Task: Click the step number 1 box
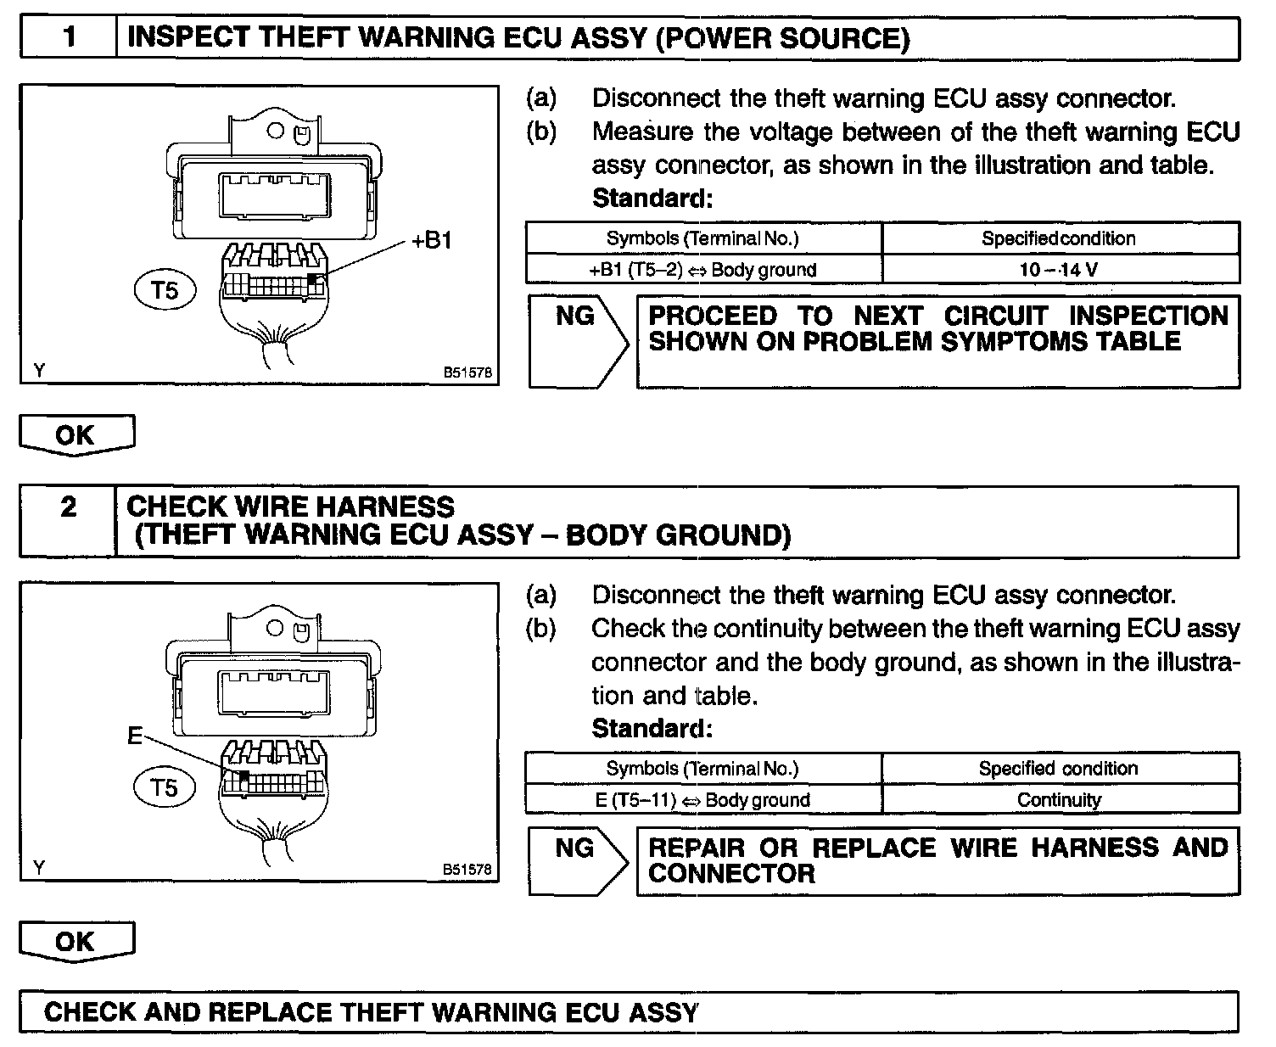coord(69,38)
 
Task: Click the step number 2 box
coord(68,508)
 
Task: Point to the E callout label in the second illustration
coord(135,736)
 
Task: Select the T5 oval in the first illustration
coord(165,291)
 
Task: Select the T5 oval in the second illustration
coord(165,788)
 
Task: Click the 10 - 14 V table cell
coord(1060,270)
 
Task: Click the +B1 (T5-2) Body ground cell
coord(702,270)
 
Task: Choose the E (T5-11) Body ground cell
coord(702,799)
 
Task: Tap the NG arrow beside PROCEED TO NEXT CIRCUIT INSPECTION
coord(577,339)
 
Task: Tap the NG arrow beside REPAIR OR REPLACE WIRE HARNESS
coord(577,859)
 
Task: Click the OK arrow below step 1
coord(76,435)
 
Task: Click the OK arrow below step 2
coord(76,942)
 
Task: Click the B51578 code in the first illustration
coord(467,372)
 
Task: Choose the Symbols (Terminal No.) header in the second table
coord(702,769)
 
